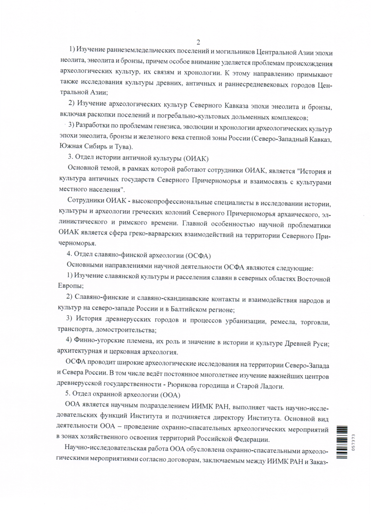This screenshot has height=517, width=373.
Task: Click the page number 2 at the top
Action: click(x=198, y=42)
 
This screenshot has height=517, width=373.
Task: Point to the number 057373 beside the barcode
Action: click(x=353, y=442)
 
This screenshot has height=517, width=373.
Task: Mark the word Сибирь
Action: click(x=94, y=147)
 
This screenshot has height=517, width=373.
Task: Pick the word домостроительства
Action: click(x=126, y=330)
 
